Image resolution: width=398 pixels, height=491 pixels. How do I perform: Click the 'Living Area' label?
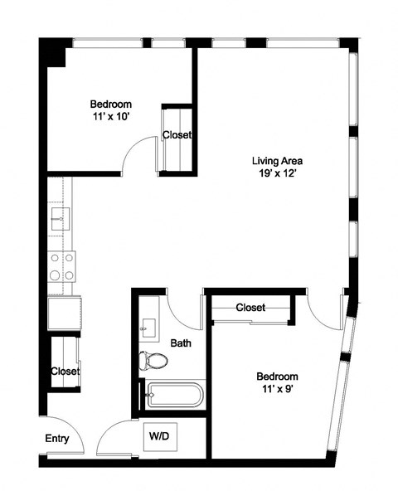click(277, 161)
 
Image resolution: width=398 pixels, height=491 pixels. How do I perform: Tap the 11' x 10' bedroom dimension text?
click(111, 118)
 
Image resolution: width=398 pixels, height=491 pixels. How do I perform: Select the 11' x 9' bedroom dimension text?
click(276, 389)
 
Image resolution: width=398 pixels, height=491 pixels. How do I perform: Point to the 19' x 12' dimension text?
click(277, 174)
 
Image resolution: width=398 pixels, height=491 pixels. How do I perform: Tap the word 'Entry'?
click(57, 440)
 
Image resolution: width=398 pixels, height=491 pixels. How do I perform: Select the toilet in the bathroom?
click(153, 361)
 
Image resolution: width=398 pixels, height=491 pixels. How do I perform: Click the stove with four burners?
click(61, 268)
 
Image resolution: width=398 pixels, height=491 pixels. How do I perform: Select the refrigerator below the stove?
click(64, 314)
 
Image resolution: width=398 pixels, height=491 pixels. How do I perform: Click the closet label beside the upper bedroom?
click(177, 135)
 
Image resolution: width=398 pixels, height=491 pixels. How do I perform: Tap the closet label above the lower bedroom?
click(250, 308)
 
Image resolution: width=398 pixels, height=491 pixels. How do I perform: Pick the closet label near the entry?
click(65, 372)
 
